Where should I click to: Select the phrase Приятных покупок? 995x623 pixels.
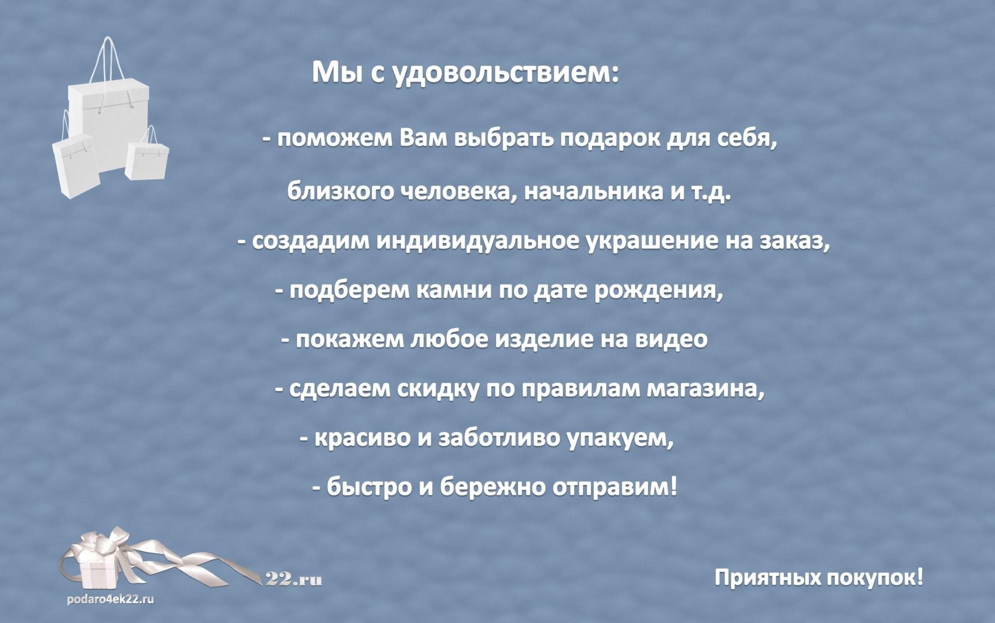[x=819, y=577]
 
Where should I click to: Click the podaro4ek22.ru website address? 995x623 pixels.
[x=110, y=600]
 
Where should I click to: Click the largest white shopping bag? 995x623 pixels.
[x=109, y=119]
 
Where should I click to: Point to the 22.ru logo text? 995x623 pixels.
[x=294, y=579]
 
